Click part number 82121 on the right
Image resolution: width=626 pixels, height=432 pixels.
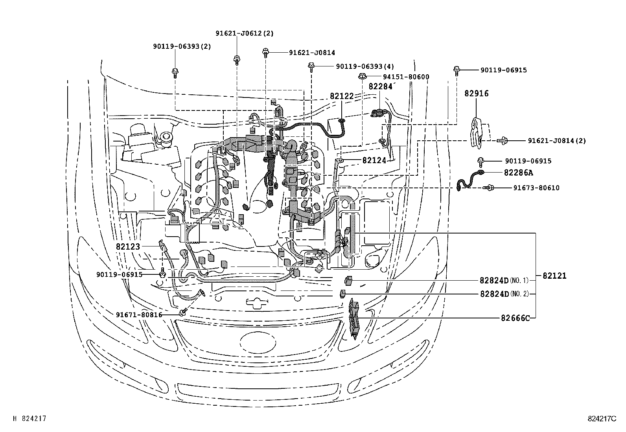coord(554,276)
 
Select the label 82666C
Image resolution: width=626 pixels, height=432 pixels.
coord(515,318)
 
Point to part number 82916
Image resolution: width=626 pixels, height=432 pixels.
coord(476,94)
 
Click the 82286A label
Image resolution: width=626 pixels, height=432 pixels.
coord(519,173)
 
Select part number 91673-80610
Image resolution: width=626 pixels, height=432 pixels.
coord(536,188)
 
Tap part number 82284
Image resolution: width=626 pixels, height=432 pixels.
coord(380,86)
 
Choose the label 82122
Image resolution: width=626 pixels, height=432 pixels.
coord(342,96)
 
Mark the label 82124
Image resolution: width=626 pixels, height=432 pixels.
coord(374,160)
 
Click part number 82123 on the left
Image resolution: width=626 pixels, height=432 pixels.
coord(128,247)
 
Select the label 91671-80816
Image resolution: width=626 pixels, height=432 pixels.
coord(139,314)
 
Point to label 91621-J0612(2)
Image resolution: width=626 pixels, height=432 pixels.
coord(244,33)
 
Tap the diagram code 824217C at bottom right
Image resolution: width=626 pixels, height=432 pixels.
coord(602,419)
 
